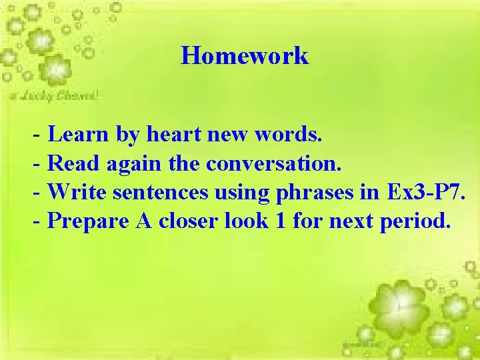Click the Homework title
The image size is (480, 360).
245,56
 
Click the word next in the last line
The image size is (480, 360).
353,221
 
